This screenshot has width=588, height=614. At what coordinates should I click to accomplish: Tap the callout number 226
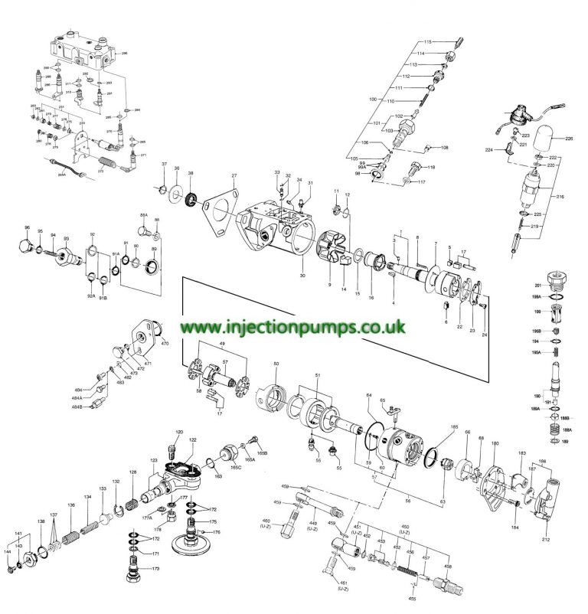tap(569, 139)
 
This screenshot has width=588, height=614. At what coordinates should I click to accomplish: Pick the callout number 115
tap(428, 41)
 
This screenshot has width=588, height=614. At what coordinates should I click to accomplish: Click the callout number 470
tap(165, 344)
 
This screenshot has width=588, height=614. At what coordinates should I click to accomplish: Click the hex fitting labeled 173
tap(131, 571)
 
